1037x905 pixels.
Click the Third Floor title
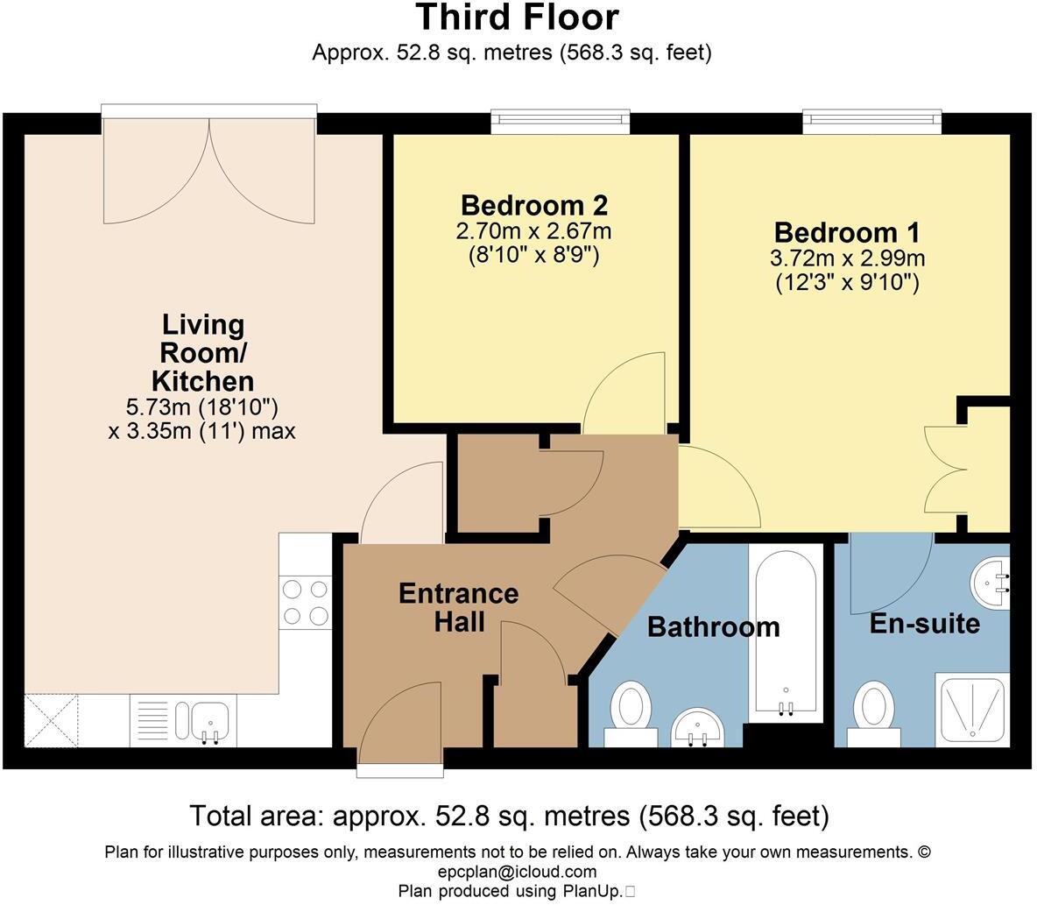click(518, 18)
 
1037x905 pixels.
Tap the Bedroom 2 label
click(533, 205)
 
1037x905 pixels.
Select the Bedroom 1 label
click(847, 232)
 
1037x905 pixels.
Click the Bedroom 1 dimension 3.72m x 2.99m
click(847, 258)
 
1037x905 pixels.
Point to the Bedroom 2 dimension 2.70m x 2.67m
click(533, 231)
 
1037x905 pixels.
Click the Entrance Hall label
click(458, 607)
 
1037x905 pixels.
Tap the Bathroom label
click(714, 626)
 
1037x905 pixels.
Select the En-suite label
click(925, 623)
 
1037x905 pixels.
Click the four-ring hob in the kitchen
click(306, 603)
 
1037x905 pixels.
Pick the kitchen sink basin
click(202, 720)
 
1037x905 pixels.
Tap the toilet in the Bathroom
click(631, 714)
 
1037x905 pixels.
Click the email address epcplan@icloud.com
click(517, 872)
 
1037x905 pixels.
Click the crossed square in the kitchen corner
click(52, 720)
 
